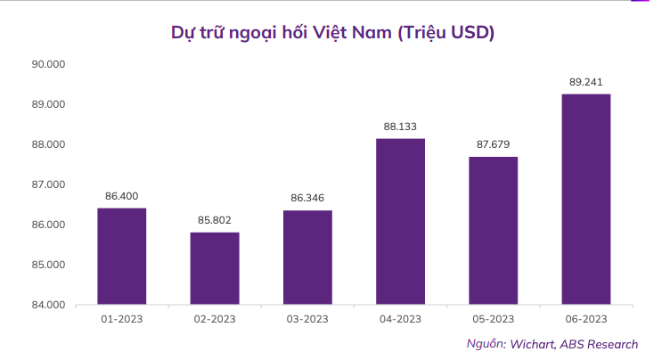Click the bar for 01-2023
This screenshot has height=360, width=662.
(121, 256)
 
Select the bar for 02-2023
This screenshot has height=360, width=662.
(214, 267)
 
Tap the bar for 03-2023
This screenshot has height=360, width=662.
(307, 257)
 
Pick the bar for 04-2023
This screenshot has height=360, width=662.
(400, 221)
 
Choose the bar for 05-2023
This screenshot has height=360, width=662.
(493, 230)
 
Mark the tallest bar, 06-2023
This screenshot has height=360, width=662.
(585, 199)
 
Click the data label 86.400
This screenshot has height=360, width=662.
(121, 196)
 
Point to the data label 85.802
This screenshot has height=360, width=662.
(214, 220)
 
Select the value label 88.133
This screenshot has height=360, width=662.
(400, 127)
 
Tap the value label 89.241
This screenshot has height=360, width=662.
(585, 82)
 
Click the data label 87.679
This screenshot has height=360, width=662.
(493, 144)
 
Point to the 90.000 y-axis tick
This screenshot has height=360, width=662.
(49, 64)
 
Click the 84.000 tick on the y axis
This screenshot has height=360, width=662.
(49, 305)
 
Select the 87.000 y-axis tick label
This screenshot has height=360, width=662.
(49, 184)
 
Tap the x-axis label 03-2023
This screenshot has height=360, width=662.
(307, 319)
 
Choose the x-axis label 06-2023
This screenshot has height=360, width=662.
(585, 319)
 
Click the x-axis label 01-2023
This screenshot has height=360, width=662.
(121, 319)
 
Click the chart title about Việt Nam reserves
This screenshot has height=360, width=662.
(332, 33)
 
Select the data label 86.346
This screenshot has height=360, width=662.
(307, 198)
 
